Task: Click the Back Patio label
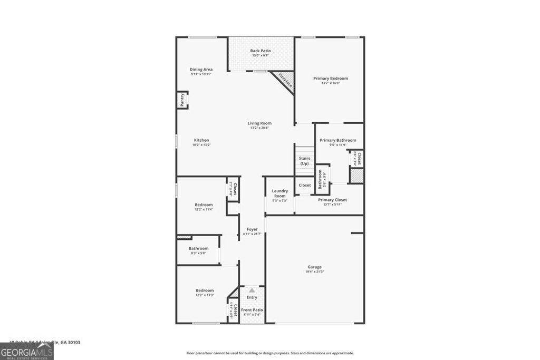point(261,51)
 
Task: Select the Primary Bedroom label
point(331,79)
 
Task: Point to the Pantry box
point(182,100)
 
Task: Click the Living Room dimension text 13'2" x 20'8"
point(259,128)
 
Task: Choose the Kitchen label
point(200,140)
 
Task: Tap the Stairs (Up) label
point(305,161)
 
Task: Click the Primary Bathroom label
point(337,140)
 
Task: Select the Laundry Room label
point(279,193)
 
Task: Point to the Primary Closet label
point(332,200)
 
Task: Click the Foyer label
point(252,229)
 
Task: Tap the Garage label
point(315,267)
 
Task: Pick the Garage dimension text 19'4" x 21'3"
point(315,272)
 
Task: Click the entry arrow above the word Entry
point(252,290)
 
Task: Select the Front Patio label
point(252,310)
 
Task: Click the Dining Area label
point(201,70)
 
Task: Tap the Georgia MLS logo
point(27,351)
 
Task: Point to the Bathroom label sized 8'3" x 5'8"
point(199,248)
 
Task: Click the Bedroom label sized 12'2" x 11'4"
point(204,205)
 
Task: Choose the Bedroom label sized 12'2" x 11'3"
point(205,290)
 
